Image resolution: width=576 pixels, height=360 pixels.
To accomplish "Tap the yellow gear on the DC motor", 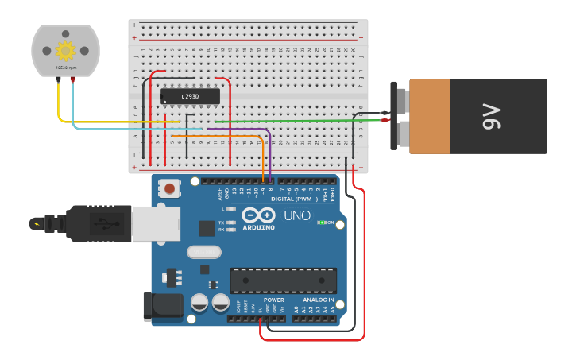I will [x=64, y=51].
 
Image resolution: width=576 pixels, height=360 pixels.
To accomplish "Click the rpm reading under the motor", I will [x=64, y=69].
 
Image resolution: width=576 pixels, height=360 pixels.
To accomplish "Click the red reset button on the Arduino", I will [x=168, y=188].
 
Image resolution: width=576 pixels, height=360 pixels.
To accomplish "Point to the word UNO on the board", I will [x=297, y=215].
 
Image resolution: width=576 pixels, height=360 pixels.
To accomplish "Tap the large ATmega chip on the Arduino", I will [x=283, y=280].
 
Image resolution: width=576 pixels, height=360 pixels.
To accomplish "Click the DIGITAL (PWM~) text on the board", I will [x=294, y=199].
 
